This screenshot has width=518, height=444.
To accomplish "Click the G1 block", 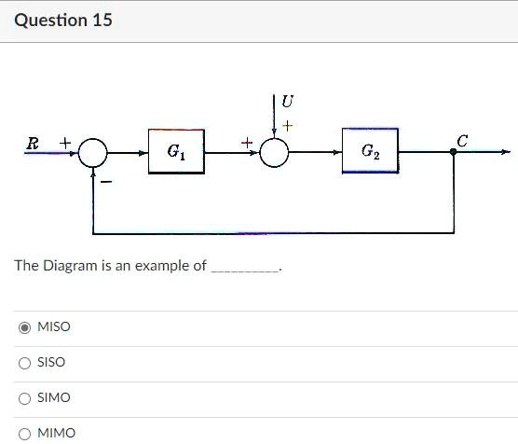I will click(177, 151).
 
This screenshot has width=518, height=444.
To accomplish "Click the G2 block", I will click(370, 151).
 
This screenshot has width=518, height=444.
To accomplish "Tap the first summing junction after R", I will click(93, 152).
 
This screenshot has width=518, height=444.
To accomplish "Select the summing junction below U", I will click(274, 152).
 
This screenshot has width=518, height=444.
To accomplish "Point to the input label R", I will click(34, 143).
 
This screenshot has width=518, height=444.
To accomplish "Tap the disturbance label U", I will click(287, 101).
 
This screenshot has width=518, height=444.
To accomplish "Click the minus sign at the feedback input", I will click(106, 181).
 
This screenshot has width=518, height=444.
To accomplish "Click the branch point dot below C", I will click(454, 152).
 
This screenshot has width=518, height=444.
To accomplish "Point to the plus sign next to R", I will click(65, 142).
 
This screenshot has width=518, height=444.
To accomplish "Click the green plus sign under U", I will click(287, 124).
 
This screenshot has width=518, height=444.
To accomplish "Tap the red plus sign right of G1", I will click(246, 142).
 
